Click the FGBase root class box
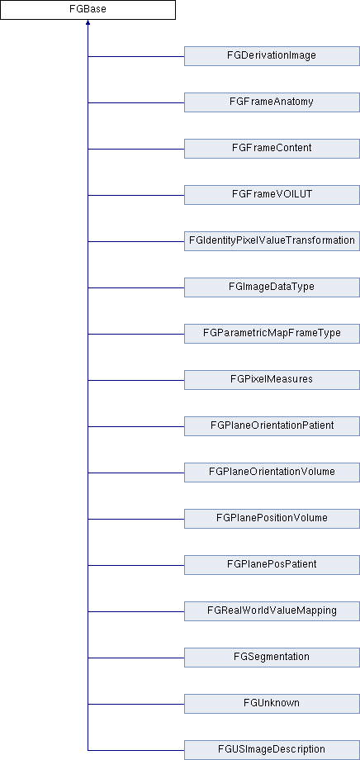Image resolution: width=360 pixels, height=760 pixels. (88, 10)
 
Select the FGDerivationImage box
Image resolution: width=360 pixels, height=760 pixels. (272, 55)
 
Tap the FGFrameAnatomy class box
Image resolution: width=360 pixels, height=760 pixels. (272, 102)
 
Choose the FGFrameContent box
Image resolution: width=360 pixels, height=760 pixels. (272, 149)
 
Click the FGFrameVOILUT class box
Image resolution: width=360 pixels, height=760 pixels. (272, 195)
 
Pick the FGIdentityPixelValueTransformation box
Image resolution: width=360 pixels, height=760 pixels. (272, 241)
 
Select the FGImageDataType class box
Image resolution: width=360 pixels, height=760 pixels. (272, 287)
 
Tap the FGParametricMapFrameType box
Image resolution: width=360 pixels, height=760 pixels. (272, 334)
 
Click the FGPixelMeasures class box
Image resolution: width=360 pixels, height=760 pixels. (272, 380)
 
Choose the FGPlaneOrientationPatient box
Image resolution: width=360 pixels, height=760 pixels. (272, 426)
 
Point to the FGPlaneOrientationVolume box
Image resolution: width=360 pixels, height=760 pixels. (272, 473)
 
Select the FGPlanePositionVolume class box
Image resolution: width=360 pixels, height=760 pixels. (272, 519)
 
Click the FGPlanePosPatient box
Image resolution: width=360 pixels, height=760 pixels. (272, 565)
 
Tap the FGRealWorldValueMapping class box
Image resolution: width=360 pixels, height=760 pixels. (272, 611)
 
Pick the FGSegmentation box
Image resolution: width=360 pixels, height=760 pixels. (272, 658)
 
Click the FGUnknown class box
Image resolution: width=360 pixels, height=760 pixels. (272, 704)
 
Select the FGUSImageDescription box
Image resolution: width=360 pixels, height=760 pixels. (272, 750)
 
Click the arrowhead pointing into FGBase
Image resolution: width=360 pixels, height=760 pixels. (88, 22)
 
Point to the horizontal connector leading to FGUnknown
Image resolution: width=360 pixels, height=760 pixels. (136, 704)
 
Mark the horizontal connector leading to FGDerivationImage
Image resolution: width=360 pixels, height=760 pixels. (136, 56)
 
